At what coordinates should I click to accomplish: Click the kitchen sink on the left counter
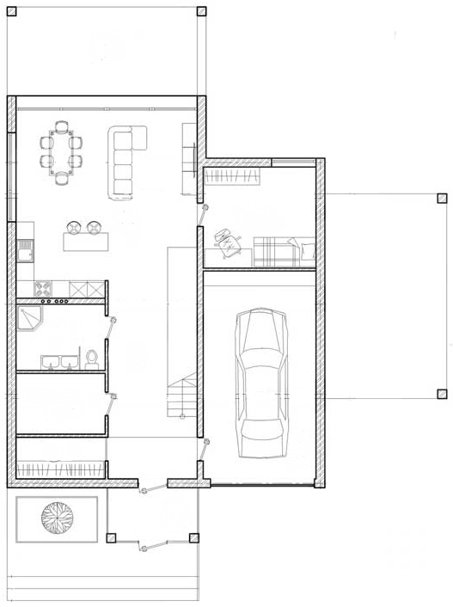pyautogui.click(x=24, y=250)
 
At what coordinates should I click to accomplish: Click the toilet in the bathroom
pyautogui.click(x=92, y=357)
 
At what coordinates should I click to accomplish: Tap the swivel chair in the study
pyautogui.click(x=229, y=242)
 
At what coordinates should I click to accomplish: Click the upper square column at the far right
pyautogui.click(x=442, y=198)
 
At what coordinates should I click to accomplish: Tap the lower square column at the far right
pyautogui.click(x=442, y=395)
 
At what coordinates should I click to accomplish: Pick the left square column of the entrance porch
pyautogui.click(x=111, y=538)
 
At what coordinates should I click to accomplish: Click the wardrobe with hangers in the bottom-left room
pyautogui.click(x=60, y=469)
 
